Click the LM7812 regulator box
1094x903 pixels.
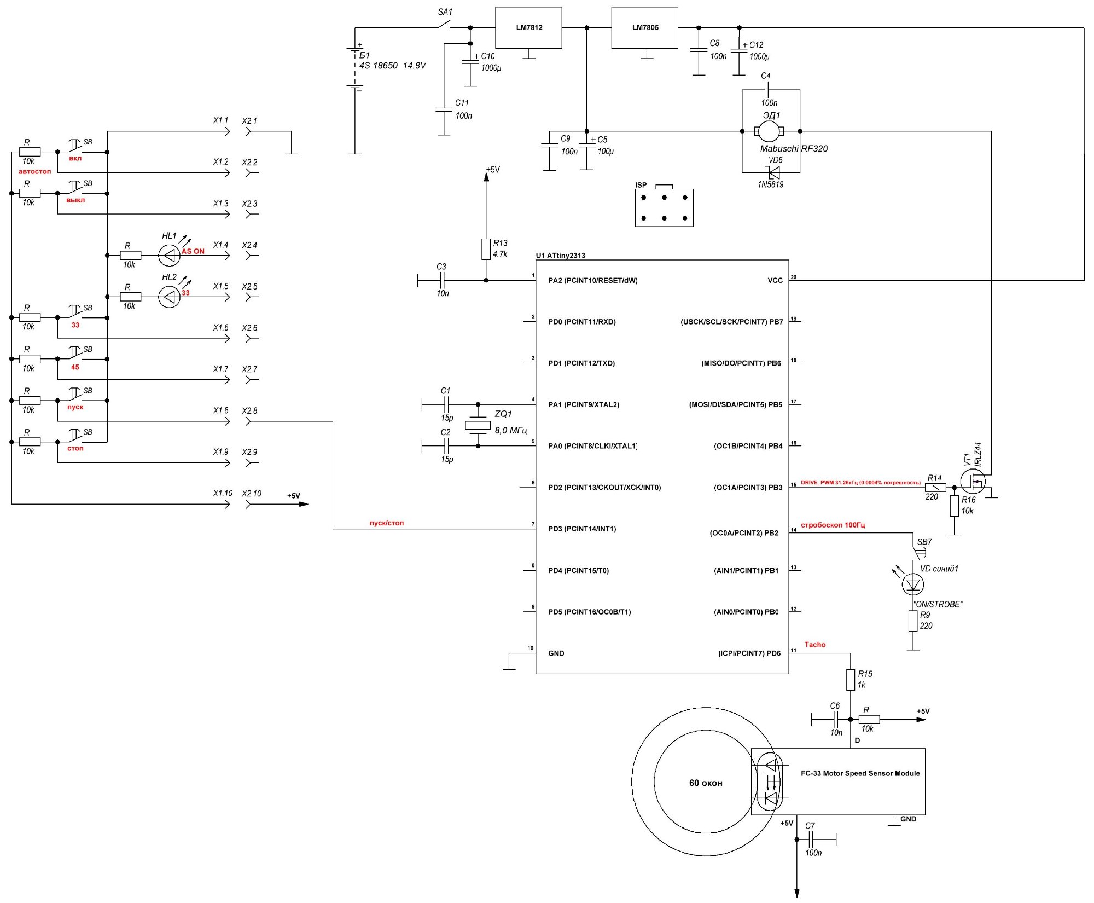click(x=528, y=27)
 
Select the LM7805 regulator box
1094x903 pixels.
click(x=645, y=27)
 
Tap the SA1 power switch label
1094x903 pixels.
click(x=445, y=11)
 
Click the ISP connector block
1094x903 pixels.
click(x=664, y=207)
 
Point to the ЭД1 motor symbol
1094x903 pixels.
click(x=769, y=131)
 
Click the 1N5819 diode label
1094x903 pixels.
click(x=770, y=184)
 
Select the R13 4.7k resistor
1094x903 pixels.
click(x=486, y=248)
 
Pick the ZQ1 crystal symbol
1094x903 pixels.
click(x=478, y=425)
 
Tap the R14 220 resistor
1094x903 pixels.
click(x=935, y=487)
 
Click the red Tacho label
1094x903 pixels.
click(x=815, y=645)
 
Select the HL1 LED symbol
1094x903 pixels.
click(x=169, y=255)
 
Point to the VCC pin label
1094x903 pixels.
click(x=775, y=281)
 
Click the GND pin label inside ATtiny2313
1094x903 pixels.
click(x=556, y=653)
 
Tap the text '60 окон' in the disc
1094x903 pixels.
click(x=706, y=783)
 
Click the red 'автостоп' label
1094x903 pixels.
click(x=35, y=172)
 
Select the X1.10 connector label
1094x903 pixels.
click(x=223, y=493)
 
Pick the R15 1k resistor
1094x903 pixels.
click(x=851, y=680)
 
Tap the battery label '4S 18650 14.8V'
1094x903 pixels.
click(x=392, y=66)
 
